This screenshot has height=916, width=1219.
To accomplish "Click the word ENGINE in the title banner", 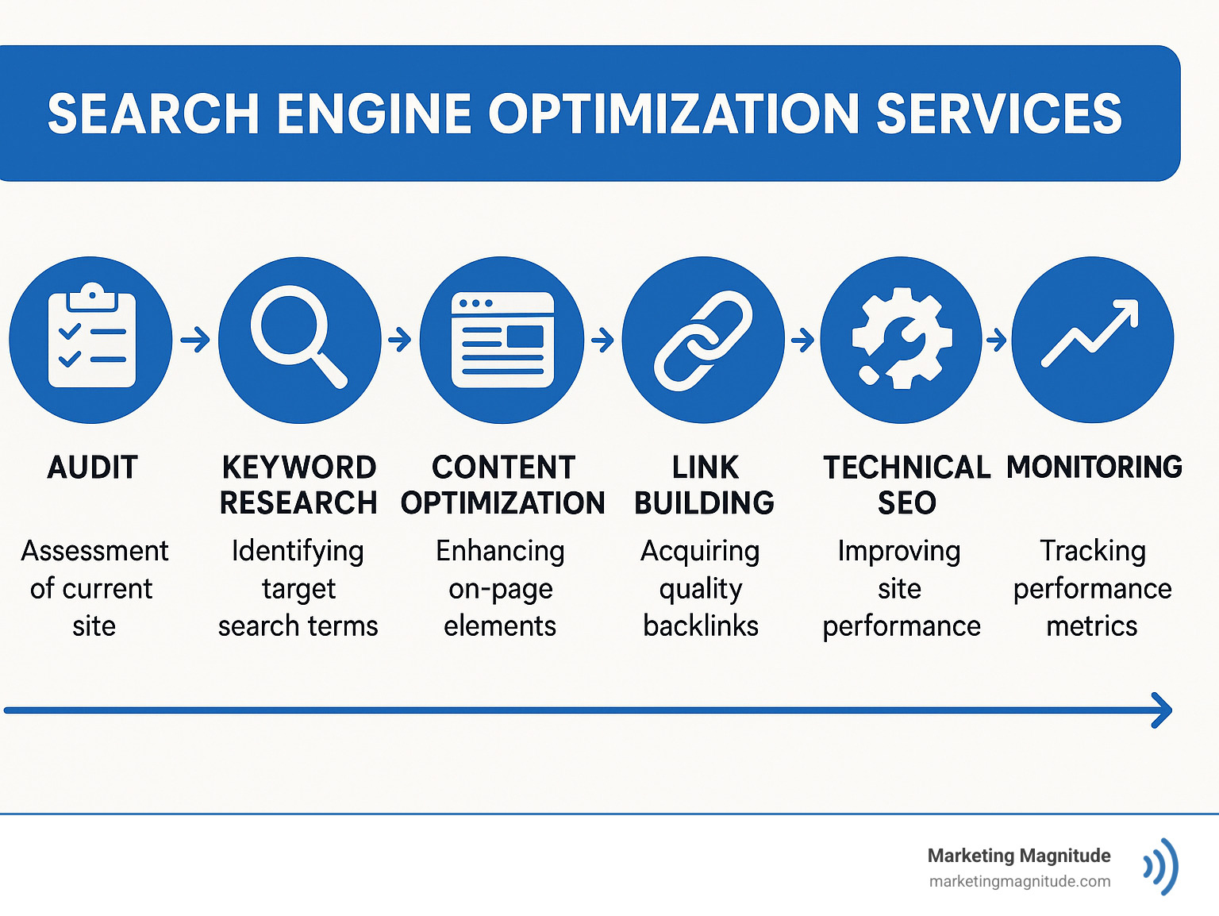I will (374, 114).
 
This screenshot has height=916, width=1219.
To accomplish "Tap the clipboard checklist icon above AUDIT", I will (91, 339).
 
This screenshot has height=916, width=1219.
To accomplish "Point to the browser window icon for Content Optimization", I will (502, 340).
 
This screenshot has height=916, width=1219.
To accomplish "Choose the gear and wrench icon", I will (901, 340).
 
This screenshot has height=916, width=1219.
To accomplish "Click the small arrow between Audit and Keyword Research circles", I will (195, 341).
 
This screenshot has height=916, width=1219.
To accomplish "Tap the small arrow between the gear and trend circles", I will (996, 341).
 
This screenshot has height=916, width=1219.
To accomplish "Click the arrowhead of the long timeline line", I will (1163, 710).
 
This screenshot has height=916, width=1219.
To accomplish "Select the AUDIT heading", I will (93, 468).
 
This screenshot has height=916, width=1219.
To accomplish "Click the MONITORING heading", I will (1094, 467).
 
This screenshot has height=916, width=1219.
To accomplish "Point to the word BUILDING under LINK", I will (704, 503).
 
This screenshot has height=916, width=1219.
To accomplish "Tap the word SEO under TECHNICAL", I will (906, 503).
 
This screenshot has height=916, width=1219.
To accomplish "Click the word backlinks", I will (701, 625).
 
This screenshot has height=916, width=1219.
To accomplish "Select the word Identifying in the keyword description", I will (298, 551).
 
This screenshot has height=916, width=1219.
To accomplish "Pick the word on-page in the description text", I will (501, 589).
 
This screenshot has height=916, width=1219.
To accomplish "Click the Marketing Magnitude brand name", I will (1019, 856).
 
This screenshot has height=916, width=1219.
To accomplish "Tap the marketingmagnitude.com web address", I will (1020, 881).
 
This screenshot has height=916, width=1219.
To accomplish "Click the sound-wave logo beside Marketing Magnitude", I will (1161, 866).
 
